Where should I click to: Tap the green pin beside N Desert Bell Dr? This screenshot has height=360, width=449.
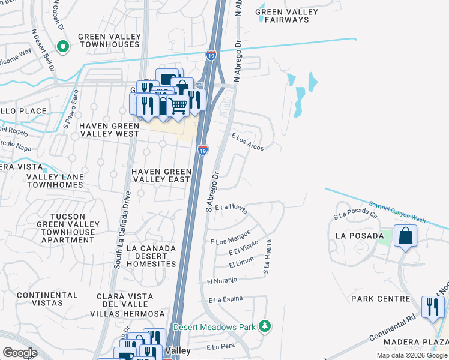pos(62,46)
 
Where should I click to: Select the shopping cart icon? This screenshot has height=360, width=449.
pos(178,106)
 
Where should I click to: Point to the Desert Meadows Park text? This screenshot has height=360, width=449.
pos(214,327)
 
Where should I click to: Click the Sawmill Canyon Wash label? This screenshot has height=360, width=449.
pos(397,212)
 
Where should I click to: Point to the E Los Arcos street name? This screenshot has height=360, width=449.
pos(247,142)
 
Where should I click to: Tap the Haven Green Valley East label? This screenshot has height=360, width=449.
pos(161,175)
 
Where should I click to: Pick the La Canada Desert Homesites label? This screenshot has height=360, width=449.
pos(151,256)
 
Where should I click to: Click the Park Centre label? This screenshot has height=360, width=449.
pos(381,299)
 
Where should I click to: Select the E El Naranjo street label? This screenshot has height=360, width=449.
pos(222,281)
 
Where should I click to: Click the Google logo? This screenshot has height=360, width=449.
pos(20,353)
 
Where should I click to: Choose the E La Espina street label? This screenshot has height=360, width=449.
pos(226,299)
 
